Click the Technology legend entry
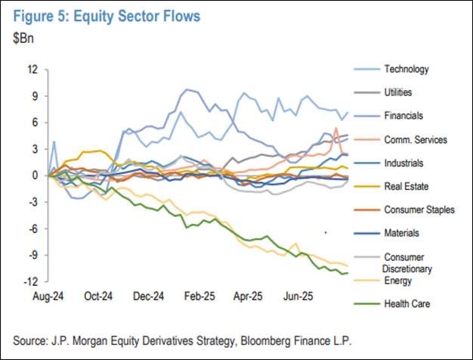click(x=407, y=69)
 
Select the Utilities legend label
click(x=398, y=92)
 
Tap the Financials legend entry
click(x=403, y=116)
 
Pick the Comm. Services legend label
click(x=416, y=140)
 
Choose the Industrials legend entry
click(x=403, y=163)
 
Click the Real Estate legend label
click(x=407, y=186)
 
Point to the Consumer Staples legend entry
click(x=419, y=209)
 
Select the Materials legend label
click(x=401, y=233)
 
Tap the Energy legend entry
click(x=398, y=281)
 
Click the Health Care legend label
click(x=407, y=303)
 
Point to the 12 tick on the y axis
click(x=33, y=70)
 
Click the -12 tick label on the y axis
click(x=31, y=282)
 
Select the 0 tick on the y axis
click(x=36, y=175)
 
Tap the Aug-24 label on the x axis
click(x=48, y=296)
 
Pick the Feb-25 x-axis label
click(x=199, y=296)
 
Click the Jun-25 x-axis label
click(x=298, y=296)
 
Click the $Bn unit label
click(x=23, y=39)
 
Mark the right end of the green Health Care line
click(x=348, y=273)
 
